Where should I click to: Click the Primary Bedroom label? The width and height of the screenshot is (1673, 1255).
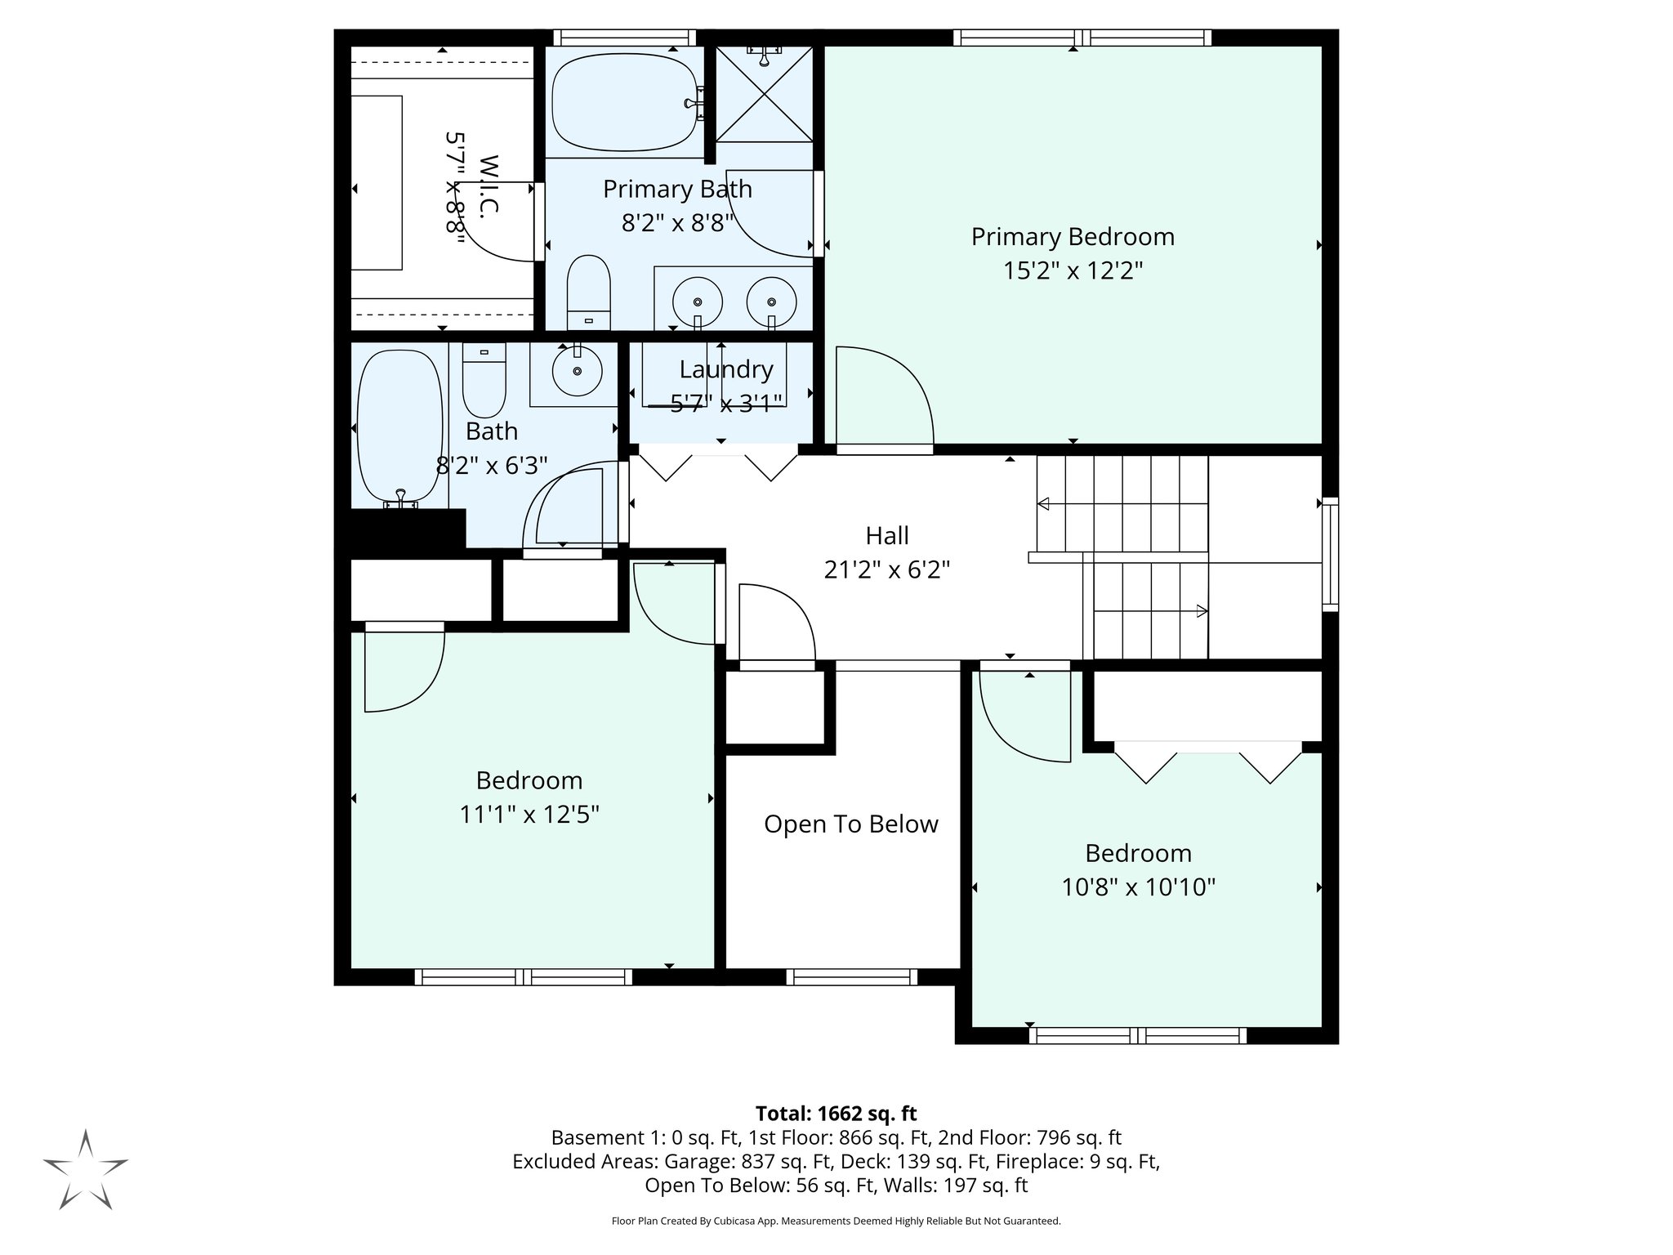pos(1072,237)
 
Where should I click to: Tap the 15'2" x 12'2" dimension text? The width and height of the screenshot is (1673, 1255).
pos(1072,270)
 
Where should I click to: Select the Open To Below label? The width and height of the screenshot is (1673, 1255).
pos(850,824)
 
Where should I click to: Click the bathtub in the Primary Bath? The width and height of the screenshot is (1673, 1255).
pos(625,102)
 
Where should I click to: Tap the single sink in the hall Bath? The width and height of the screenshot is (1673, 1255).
pos(577,372)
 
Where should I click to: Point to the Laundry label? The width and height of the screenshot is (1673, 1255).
pos(725,369)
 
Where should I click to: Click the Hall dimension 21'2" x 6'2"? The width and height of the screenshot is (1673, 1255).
pos(886,569)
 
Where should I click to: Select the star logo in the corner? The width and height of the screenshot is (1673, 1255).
pos(85,1168)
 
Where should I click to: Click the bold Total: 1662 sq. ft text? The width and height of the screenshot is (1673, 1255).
pos(836,1113)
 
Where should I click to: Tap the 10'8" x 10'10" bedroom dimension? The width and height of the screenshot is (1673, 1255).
pos(1138,887)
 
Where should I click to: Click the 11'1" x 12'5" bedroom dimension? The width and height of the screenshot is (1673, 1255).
pos(529,814)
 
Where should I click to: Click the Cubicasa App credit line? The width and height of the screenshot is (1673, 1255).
pos(836,1221)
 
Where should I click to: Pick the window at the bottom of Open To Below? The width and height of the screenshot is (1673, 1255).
pos(852,976)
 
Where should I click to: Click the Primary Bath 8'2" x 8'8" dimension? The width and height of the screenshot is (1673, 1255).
pos(676,223)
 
